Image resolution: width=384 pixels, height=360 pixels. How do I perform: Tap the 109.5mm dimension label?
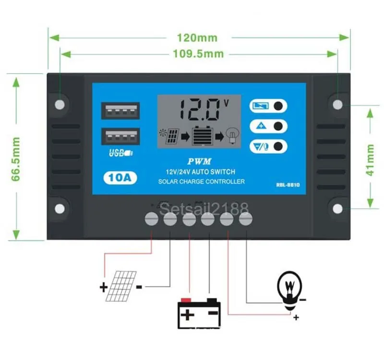[x=198, y=54]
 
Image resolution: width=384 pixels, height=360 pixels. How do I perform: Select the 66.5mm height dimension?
[x=16, y=159]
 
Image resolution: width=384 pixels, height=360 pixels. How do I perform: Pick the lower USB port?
[x=120, y=137]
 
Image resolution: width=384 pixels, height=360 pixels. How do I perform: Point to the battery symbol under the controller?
[x=199, y=312]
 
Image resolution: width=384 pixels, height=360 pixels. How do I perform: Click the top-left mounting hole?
[x=60, y=104]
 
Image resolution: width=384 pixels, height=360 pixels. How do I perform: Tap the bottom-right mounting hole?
[x=338, y=209]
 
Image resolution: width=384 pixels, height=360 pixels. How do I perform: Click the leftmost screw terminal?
[x=152, y=219]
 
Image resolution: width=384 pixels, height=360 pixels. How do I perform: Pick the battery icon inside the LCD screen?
[x=202, y=136]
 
